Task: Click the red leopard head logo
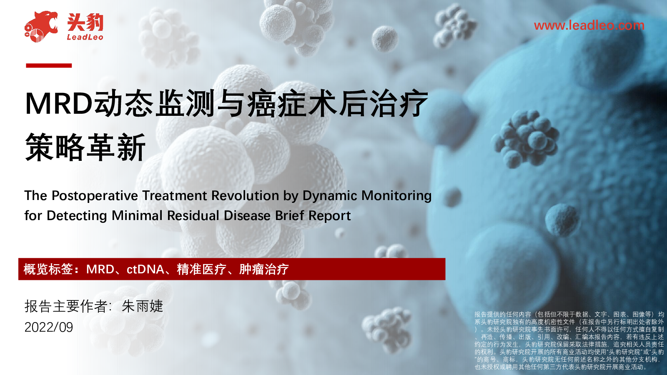click(x=41, y=27)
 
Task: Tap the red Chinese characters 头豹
click(x=85, y=22)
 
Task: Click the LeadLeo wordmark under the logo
click(x=85, y=37)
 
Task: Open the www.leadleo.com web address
click(x=589, y=25)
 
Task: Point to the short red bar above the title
click(x=49, y=65)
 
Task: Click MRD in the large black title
click(x=59, y=104)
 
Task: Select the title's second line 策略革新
click(x=85, y=147)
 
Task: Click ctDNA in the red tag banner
click(x=145, y=269)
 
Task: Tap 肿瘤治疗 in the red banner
click(x=264, y=269)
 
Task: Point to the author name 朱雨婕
click(x=142, y=306)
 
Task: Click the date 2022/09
click(x=49, y=327)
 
